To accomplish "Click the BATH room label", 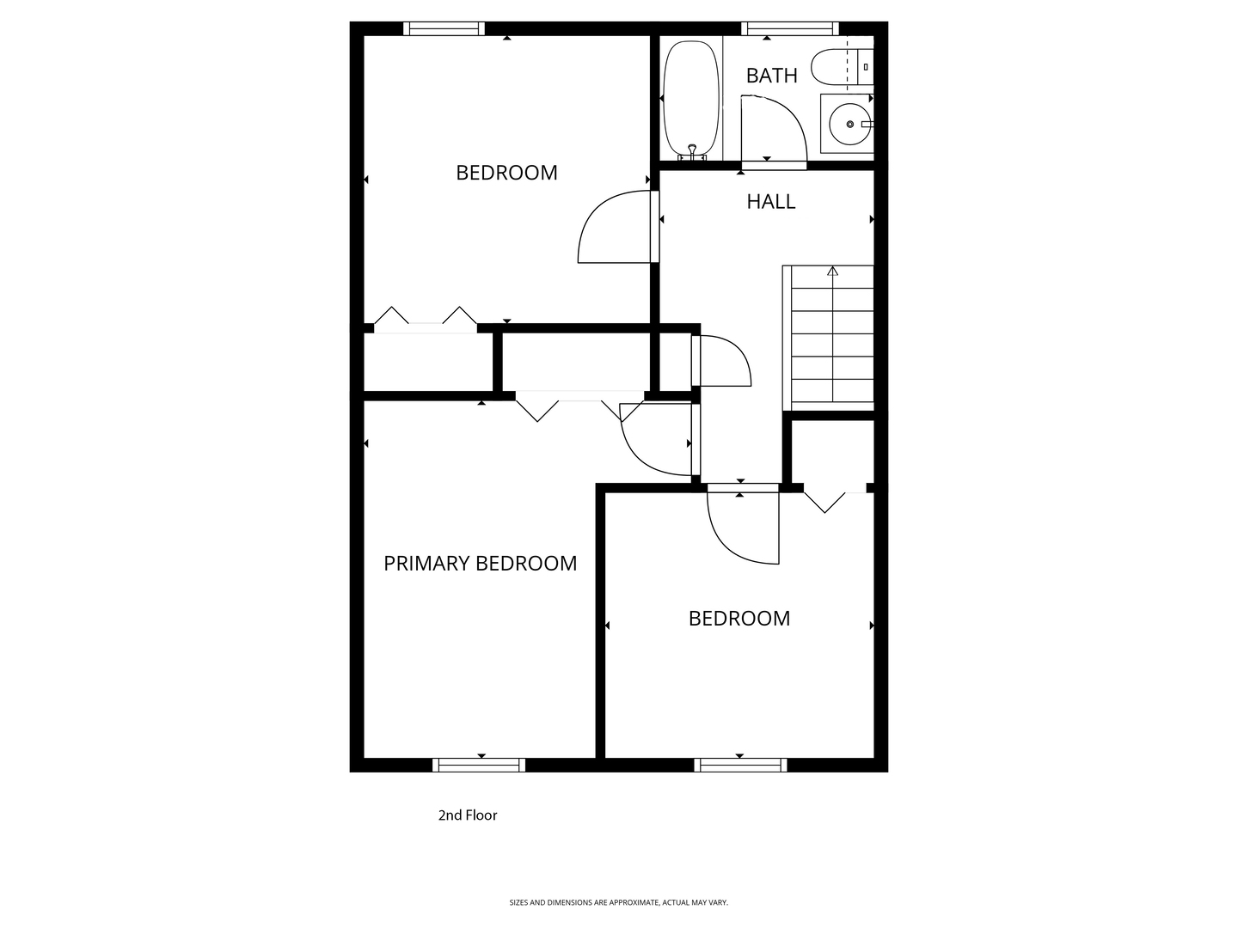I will pos(771,76).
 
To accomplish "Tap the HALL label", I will pos(770,201).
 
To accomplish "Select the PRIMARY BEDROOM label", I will pos(480,563).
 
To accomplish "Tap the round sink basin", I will pos(849,125).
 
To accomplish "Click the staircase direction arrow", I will pos(832,272).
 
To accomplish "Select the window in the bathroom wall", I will pos(790,28).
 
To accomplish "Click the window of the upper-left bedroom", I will pos(444,28).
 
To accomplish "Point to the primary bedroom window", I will pos(479,765).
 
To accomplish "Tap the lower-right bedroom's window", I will pos(740,765).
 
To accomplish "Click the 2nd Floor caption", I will pos(468,815).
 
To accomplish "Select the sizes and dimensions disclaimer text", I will pos(618,902).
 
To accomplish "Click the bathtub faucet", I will pos(692,152).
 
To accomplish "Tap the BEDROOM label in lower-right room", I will pos(739,618).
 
